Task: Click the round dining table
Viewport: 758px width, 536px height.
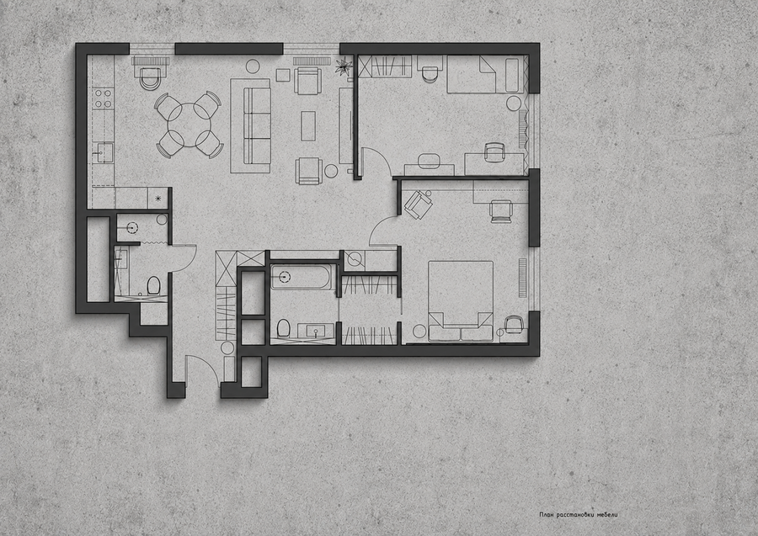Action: (189, 125)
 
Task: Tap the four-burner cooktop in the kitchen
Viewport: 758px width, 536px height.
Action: (103, 98)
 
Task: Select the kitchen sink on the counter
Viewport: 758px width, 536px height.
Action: (103, 153)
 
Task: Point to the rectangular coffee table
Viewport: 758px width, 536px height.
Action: (308, 126)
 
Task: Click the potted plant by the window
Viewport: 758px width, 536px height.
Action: (344, 66)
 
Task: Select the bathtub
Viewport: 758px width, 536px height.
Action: (302, 277)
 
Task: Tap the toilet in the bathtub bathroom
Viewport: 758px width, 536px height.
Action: (283, 328)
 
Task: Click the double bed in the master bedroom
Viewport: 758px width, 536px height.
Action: (461, 301)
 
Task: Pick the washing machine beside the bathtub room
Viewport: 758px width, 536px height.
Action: (355, 261)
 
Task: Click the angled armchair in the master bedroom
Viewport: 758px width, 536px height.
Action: (418, 204)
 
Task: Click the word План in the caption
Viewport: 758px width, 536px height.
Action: (547, 515)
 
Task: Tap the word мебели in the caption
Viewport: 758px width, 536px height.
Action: (607, 515)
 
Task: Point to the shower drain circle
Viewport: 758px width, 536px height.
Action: (133, 227)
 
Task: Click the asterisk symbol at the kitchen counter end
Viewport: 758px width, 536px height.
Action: (157, 198)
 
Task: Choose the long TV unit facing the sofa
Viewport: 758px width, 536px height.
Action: (345, 125)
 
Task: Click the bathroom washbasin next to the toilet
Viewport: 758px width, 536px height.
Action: (316, 331)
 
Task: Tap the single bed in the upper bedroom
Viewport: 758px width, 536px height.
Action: (486, 74)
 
